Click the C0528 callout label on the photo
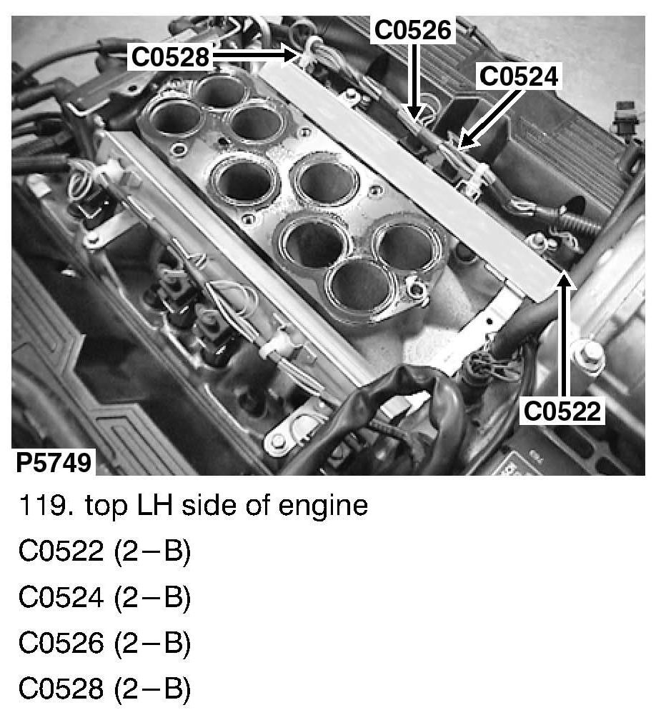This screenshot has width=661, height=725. coord(170,57)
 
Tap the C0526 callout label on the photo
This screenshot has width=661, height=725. coord(412,30)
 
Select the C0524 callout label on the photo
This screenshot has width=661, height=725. coord(519,76)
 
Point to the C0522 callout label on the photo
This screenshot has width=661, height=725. coord(562,411)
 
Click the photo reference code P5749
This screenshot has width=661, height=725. coord(54,462)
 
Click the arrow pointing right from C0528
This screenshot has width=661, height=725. coord(255,56)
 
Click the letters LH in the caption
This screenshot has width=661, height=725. coord(154,506)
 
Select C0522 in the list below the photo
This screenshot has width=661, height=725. coord(61,551)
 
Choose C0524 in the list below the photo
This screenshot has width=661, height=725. coord(61,596)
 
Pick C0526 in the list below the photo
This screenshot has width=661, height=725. coord(61,642)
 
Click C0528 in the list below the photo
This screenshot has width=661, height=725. coord(61,688)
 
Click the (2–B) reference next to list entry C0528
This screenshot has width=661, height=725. coord(151,689)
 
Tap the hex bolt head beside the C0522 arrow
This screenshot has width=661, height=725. coord(585,354)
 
